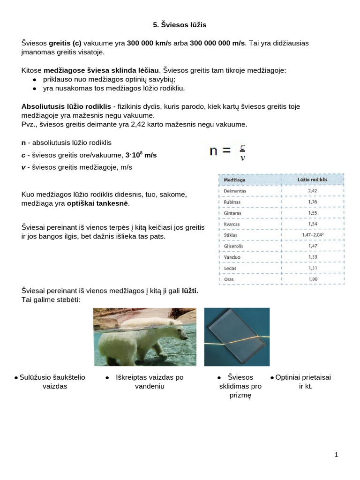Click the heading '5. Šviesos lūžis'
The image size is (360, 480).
pyautogui.click(x=180, y=25)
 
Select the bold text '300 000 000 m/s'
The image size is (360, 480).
pyautogui.click(x=217, y=43)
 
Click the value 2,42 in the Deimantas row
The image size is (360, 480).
pyautogui.click(x=312, y=191)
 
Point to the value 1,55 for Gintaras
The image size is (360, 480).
pyautogui.click(x=312, y=213)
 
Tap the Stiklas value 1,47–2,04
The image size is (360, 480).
pyautogui.click(x=312, y=235)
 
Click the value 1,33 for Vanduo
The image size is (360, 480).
pyautogui.click(x=312, y=257)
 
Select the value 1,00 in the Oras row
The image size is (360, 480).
pyautogui.click(x=312, y=279)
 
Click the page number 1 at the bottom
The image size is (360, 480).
pyautogui.click(x=337, y=454)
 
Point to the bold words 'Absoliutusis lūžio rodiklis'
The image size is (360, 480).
pyautogui.click(x=66, y=106)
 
